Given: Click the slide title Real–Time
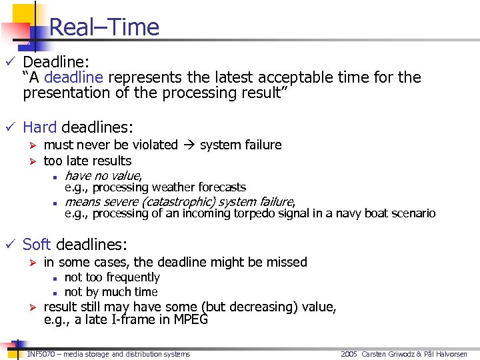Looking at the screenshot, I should point(104,27).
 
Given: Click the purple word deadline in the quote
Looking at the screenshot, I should point(73,77).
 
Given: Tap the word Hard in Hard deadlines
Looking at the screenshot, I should point(40,127).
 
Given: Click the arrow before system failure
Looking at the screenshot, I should point(189,145).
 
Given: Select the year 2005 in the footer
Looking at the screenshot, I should point(349,354).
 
